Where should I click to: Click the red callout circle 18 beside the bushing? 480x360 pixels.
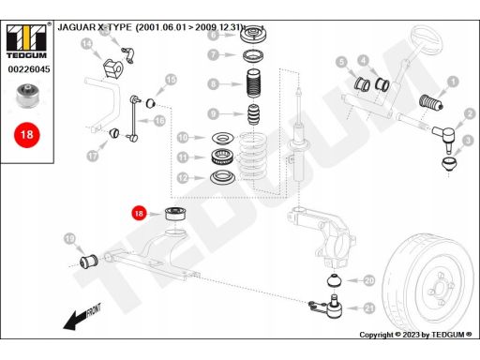pos(139,214)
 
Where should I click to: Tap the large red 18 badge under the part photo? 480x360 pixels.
pos(27,135)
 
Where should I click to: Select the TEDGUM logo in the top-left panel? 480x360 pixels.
pos(26,41)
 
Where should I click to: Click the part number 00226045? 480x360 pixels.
pos(29,69)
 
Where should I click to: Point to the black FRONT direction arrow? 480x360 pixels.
pos(82,317)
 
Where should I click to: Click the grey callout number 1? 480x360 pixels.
pos(453,82)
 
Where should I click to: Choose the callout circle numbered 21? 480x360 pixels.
pos(369,308)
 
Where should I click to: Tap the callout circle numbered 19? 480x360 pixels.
pos(69,239)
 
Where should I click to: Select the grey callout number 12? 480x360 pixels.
pos(183,178)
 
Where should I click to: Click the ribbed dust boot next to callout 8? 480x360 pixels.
pos(253,83)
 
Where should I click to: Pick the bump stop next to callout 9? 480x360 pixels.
pos(254,114)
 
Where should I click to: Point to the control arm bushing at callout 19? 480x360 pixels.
pos(89,262)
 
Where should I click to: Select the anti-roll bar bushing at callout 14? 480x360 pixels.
pos(112,68)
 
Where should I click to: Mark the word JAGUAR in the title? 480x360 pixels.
pos(77,27)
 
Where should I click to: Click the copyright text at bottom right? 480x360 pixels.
pos(415,335)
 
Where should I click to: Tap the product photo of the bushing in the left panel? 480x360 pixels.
pos(27,96)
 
